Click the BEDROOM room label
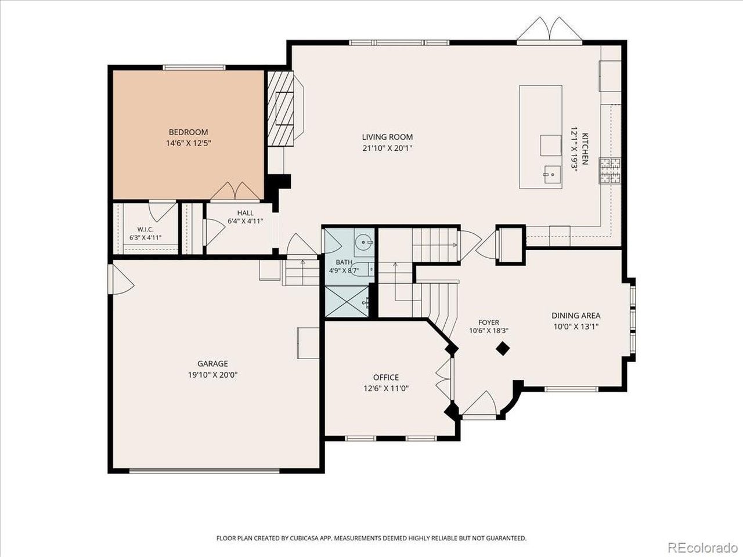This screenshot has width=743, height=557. (x=189, y=132)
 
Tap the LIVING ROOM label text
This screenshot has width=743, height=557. (x=387, y=137)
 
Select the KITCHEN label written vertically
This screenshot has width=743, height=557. (x=585, y=149)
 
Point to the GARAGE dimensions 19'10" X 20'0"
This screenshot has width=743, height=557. (x=213, y=375)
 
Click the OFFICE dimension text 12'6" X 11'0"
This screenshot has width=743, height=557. (x=386, y=388)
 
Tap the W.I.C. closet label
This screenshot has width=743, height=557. (x=145, y=229)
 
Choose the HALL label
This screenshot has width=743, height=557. (x=246, y=213)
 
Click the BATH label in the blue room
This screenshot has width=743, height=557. (x=344, y=262)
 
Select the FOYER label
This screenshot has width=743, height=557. (x=488, y=322)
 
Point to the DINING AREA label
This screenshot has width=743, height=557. (x=576, y=316)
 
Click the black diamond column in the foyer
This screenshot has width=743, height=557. (x=503, y=349)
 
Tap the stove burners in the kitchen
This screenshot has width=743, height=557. (x=610, y=171)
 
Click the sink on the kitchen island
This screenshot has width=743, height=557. (x=552, y=175)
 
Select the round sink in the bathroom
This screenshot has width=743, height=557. (x=364, y=243)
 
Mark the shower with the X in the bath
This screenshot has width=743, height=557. (x=347, y=302)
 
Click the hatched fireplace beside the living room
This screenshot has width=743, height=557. (x=280, y=108)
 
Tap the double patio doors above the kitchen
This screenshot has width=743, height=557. (x=550, y=30)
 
